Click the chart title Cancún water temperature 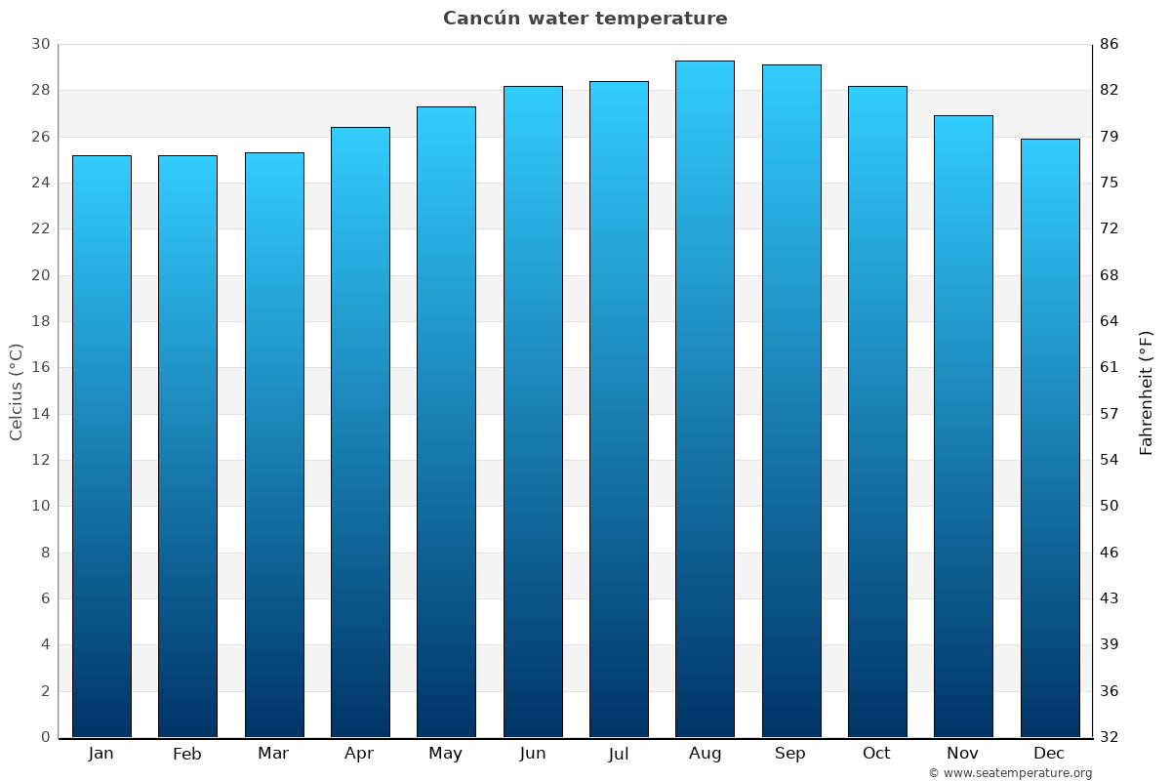click(x=585, y=19)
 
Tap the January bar click(x=101, y=446)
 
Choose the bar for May click(x=446, y=422)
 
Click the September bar click(x=791, y=400)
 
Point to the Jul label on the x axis click(x=619, y=754)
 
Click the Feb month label click(x=187, y=754)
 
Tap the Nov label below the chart click(x=963, y=754)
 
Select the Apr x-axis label click(x=359, y=754)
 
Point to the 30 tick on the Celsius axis click(x=41, y=45)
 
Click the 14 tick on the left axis click(x=41, y=414)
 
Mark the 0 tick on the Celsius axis click(x=45, y=737)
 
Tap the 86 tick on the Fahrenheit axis click(x=1109, y=45)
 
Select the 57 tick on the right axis click(x=1109, y=414)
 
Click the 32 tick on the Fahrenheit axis click(x=1109, y=737)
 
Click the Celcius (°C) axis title click(x=17, y=391)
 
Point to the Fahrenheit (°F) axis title click(x=1147, y=391)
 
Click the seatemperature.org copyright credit click(x=1010, y=773)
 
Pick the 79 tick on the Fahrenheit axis click(x=1109, y=137)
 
